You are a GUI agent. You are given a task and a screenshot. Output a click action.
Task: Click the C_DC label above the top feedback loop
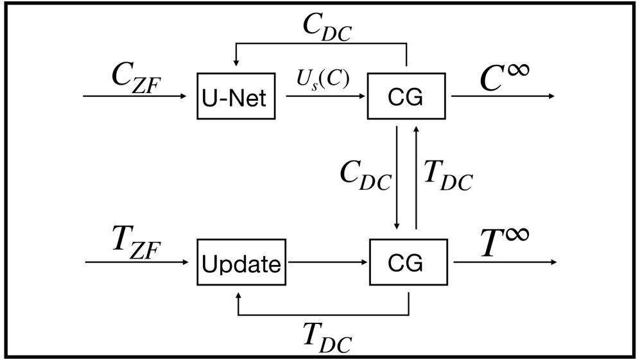click(x=327, y=28)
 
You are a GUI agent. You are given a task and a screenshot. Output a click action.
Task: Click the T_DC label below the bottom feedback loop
click(x=327, y=336)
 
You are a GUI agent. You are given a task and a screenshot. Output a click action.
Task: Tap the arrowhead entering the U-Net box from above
click(x=236, y=63)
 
